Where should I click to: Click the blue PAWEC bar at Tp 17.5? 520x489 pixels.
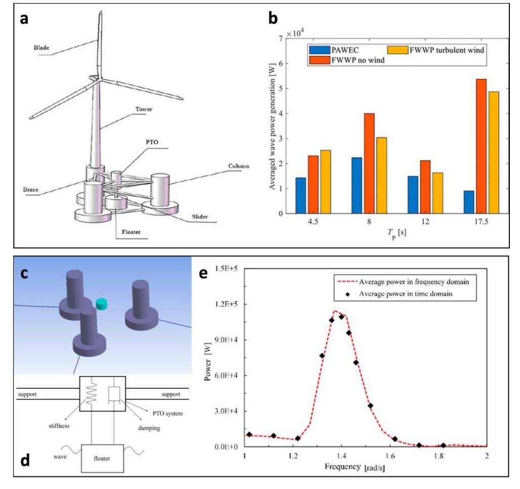468,202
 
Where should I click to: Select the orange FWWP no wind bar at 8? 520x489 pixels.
369,163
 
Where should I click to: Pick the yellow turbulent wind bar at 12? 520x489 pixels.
438,193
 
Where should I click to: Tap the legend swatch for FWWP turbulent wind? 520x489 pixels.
397,50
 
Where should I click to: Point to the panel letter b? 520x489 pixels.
273,18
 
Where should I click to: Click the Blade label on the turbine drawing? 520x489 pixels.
42,48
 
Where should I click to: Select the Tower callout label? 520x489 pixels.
144,109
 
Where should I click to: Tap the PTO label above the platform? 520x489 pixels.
152,142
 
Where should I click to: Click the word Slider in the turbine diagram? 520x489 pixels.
200,217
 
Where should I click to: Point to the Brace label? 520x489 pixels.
30,190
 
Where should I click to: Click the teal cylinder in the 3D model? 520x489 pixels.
102,304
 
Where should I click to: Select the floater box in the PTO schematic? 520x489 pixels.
103,459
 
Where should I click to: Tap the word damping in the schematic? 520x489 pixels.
149,428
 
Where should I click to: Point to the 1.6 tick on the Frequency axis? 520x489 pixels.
390,456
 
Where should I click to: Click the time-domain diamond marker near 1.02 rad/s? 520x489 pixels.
249,434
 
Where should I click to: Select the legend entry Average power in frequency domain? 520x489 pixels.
414,282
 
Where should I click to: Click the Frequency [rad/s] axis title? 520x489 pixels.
355,467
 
